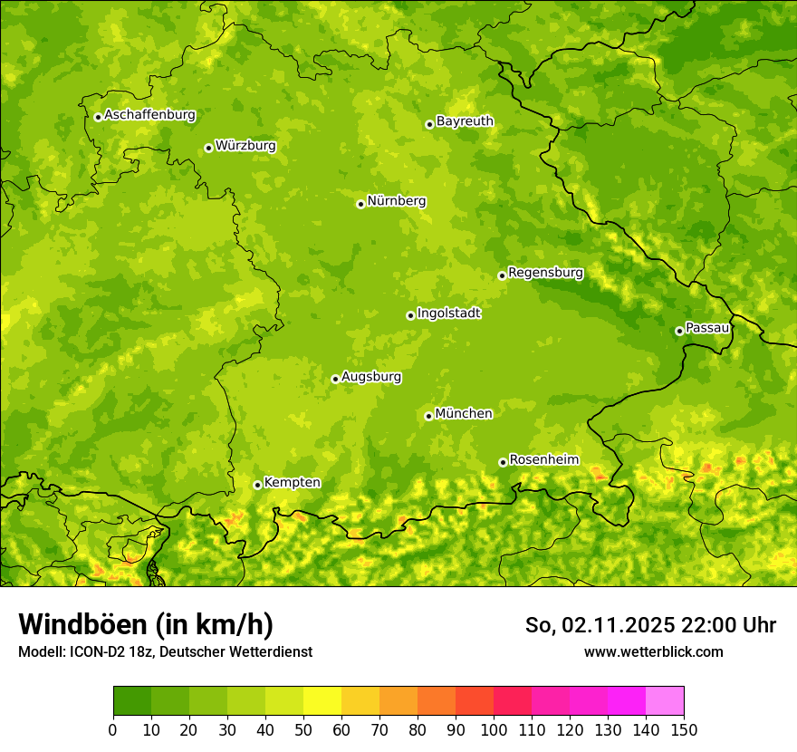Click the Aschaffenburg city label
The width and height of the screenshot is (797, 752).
149,115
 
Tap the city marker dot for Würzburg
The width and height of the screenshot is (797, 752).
208,148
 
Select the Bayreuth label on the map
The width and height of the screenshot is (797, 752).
465,121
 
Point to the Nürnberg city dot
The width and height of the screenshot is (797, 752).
360,204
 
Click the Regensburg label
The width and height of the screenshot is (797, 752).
545,272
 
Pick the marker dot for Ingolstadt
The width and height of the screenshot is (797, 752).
410,315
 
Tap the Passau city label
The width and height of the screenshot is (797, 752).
707,327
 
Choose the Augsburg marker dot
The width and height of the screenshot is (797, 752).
335,379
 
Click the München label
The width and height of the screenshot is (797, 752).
464,413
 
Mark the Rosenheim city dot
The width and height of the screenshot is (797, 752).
503,462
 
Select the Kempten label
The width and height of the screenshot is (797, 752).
292,482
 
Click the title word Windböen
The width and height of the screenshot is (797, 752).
82,624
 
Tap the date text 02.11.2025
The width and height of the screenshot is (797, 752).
619,625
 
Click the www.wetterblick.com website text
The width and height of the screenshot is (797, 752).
653,651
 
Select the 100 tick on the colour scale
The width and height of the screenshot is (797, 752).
494,729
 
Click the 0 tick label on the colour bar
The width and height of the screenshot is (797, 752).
113,729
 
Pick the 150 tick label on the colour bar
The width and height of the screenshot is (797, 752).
684,729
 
